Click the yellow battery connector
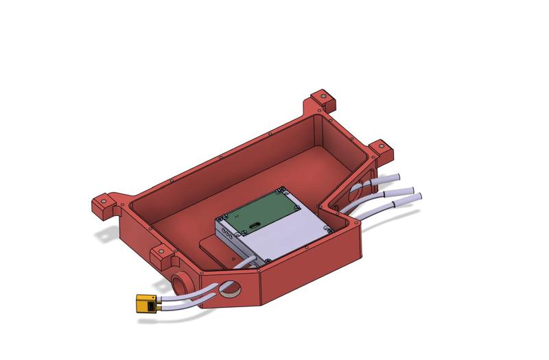145,304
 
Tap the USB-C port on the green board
255,225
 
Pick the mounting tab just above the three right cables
379,147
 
